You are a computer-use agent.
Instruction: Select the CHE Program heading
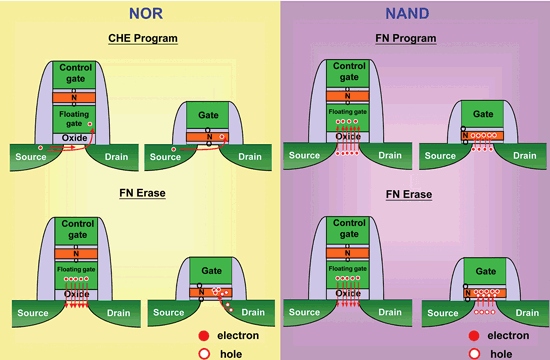pos(142,39)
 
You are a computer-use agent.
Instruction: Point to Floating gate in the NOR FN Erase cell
pos(76,270)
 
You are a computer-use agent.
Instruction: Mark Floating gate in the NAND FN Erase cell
pos(345,270)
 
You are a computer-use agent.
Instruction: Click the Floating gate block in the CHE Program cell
pos(76,119)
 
